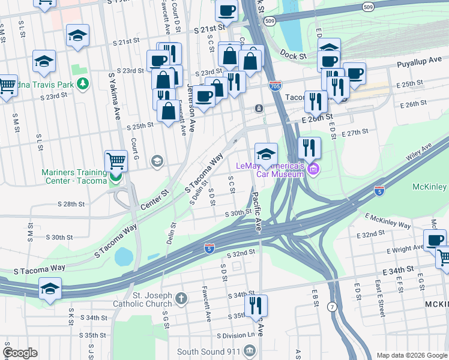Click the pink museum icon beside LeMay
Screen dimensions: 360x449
pos(312,170)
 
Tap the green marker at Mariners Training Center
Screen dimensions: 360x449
pos(115,177)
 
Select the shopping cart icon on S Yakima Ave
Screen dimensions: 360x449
pos(116,161)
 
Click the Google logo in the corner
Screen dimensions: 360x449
pos(20,353)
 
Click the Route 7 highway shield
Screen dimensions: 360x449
pos(331,307)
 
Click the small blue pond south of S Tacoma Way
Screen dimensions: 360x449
pos(124,256)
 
